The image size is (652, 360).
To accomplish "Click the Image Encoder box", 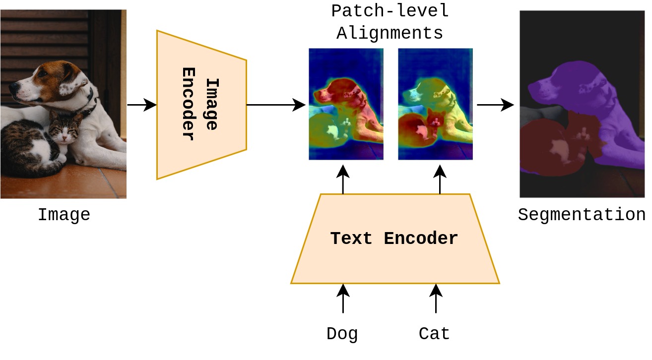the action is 201,105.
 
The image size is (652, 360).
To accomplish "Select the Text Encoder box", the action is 395,239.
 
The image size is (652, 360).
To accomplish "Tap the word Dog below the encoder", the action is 342,334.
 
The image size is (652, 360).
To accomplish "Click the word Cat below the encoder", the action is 434,333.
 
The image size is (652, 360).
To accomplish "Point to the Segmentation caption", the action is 582,215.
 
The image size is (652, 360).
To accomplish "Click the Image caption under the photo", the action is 64,215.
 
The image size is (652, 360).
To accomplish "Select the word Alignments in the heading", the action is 390,33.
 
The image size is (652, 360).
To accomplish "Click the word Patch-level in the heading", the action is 390,11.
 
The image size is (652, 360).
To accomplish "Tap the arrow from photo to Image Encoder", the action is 142,105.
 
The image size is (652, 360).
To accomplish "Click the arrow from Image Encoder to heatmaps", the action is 276,105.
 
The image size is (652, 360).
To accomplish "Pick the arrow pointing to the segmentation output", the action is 495,105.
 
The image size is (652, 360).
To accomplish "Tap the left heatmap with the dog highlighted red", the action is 346,104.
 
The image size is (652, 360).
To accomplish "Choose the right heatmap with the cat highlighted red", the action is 436,104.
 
